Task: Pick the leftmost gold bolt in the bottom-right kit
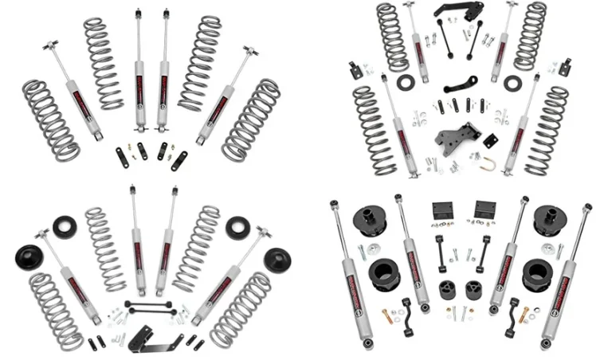tap(388, 315)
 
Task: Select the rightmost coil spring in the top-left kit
tap(250, 119)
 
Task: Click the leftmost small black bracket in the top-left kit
tap(120, 152)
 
